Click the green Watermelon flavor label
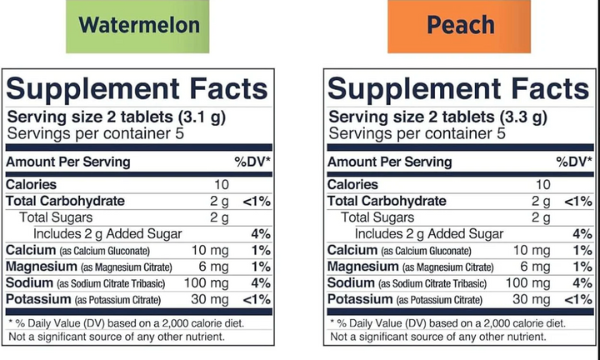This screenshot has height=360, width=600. (x=139, y=25)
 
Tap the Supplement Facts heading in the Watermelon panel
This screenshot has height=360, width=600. (x=137, y=88)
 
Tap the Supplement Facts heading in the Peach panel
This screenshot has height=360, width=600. (x=458, y=88)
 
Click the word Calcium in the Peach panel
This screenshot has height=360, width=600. (x=352, y=250)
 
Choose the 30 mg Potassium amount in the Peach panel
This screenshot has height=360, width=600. (x=531, y=299)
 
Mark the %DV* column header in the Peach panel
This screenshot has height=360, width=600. (x=574, y=162)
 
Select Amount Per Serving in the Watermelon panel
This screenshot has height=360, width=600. (x=68, y=162)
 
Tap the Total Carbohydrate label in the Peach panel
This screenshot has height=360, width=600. (x=387, y=201)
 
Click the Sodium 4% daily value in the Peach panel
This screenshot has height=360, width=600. (x=582, y=283)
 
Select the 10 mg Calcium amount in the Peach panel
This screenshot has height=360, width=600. (x=531, y=250)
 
